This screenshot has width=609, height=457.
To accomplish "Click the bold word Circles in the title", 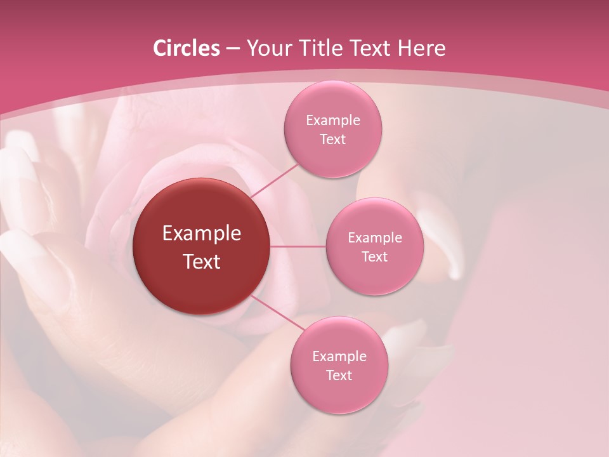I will tap(187, 48).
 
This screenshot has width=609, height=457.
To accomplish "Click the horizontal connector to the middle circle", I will tap(298, 246).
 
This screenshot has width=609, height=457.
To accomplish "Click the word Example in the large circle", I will tap(202, 234).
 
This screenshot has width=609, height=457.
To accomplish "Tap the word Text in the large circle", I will tap(202, 262).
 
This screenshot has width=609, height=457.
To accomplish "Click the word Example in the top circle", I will tap(333, 120).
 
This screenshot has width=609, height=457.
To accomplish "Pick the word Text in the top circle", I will tap(332, 139).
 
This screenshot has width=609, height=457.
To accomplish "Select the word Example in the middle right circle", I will tap(375, 237).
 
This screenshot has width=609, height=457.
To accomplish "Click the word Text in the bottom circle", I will tap(339, 375).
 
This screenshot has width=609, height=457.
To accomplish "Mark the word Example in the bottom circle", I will tap(339, 356).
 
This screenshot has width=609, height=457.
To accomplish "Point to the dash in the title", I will tap(233, 48).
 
